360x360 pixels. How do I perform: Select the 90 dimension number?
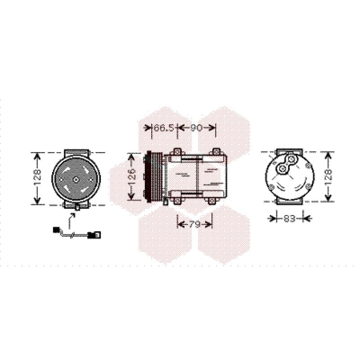[x=197, y=128]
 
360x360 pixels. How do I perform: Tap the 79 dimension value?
[x=194, y=224]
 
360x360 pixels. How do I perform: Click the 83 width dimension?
[x=289, y=218]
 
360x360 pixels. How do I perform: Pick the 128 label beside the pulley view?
[x=37, y=177]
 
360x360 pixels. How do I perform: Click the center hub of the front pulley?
[x=76, y=180]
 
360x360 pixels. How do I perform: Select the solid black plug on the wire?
[x=55, y=229]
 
